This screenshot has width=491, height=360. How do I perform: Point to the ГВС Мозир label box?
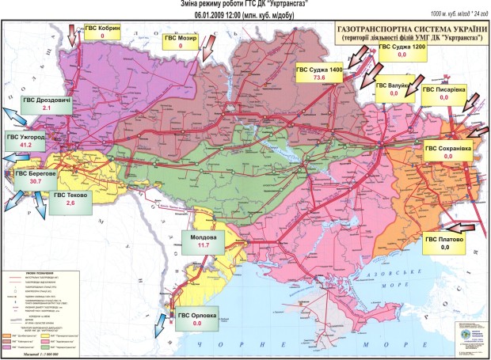point(181,41)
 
